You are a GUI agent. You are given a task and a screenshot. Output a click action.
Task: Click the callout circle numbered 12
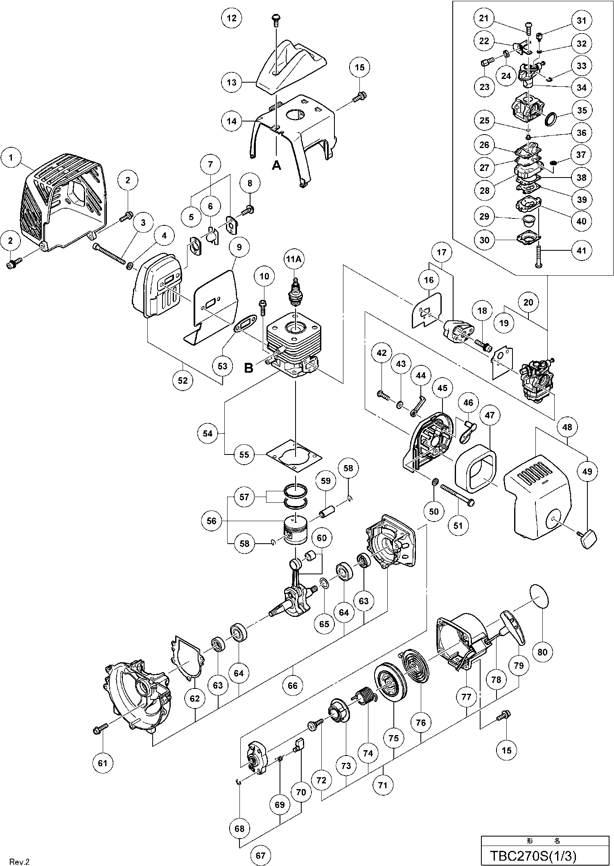(231, 18)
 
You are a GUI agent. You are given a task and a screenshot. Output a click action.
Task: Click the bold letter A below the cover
(277, 165)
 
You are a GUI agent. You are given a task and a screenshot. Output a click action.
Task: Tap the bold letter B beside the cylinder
(248, 367)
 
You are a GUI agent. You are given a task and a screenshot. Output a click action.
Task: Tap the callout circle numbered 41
(581, 250)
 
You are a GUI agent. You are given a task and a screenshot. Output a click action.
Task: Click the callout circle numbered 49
(587, 471)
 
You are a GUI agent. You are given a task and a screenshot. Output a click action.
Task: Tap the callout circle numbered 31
(581, 20)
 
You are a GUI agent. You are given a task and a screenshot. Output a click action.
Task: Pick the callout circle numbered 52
(183, 380)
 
